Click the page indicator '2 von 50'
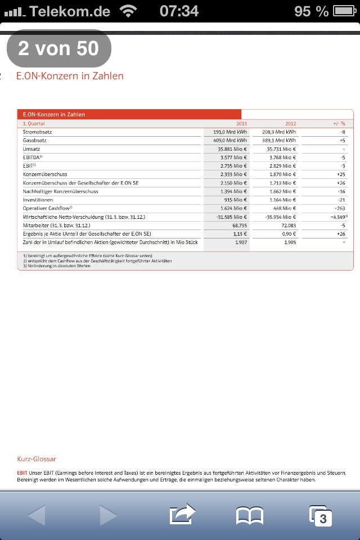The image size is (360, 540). pos(58,48)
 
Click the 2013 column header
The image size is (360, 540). pos(242,123)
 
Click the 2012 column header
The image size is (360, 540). pos(290,123)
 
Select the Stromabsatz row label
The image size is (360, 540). pos(38,132)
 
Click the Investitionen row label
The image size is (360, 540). pos(38,200)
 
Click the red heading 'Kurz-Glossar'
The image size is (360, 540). pos(37,459)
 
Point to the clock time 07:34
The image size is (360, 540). pos(179,11)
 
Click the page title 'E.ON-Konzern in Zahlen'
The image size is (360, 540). pos(74,76)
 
